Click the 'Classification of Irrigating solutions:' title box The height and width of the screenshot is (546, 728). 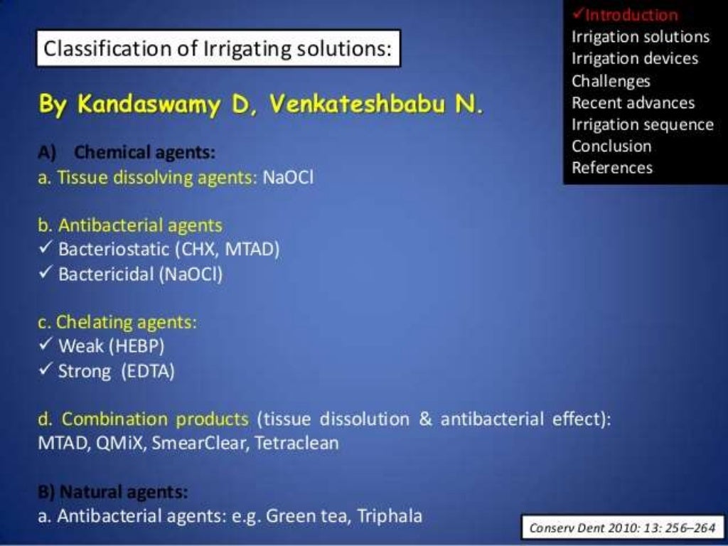point(218,49)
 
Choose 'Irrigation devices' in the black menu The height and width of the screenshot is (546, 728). point(635,58)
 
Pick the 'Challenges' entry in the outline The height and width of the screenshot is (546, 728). point(611,80)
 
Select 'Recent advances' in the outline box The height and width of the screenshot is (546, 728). point(633,102)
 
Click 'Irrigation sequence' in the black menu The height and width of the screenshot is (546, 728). point(642,124)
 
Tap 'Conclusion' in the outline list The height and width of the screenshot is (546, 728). point(611,146)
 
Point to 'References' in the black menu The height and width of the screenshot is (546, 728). point(611,168)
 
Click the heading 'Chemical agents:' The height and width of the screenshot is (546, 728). point(144,152)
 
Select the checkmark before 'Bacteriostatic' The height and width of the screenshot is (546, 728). point(45,250)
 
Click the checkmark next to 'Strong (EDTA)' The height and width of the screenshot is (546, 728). point(45,370)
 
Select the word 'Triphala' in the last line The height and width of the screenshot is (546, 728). point(391,516)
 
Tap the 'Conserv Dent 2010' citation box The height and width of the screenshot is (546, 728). point(622,528)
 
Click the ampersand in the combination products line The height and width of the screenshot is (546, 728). point(426,419)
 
